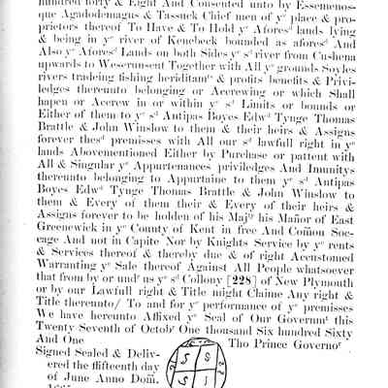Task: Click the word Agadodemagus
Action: (132, 26)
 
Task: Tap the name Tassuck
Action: (206, 26)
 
